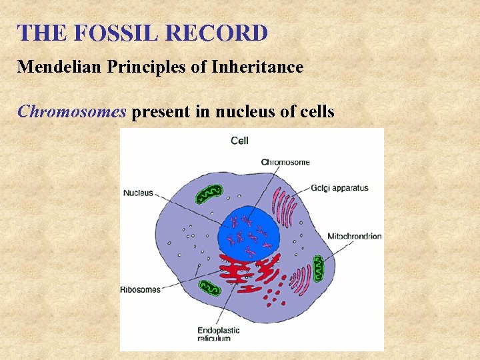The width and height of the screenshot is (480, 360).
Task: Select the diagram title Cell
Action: click(x=240, y=141)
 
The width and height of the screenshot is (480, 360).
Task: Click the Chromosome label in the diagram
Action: click(x=285, y=162)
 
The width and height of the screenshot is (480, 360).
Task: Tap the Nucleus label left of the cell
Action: click(x=138, y=193)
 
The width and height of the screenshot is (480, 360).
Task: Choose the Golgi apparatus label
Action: click(x=339, y=188)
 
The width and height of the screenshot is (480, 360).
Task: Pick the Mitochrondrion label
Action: click(x=354, y=236)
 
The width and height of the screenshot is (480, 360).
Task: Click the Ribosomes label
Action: click(x=141, y=289)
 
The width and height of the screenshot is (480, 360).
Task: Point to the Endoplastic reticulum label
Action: click(x=218, y=334)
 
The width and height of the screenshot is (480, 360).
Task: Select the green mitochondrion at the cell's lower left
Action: click(x=210, y=288)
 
